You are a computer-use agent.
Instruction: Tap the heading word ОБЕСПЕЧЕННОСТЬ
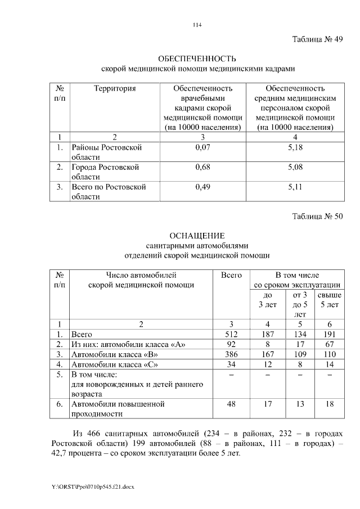pyautogui.click(x=197, y=59)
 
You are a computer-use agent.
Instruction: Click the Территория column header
pyautogui.click(x=115, y=88)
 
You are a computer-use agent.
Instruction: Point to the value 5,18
pyautogui.click(x=295, y=147)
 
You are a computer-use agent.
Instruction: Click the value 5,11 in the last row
pyautogui.click(x=295, y=187)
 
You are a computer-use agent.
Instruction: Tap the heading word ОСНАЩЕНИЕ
pyautogui.click(x=197, y=235)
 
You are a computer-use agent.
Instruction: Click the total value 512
pyautogui.click(x=231, y=334)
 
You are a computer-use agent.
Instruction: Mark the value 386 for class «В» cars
pyautogui.click(x=231, y=354)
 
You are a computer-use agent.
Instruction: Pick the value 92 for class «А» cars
pyautogui.click(x=231, y=344)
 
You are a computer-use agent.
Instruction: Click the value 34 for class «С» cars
pyautogui.click(x=231, y=364)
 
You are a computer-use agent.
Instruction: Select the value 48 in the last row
pyautogui.click(x=231, y=404)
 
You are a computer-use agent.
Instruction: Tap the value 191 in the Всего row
pyautogui.click(x=329, y=334)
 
